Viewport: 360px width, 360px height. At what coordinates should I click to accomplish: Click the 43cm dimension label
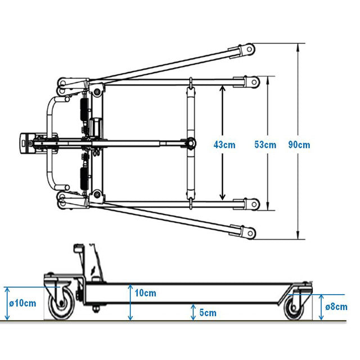(x=224, y=145)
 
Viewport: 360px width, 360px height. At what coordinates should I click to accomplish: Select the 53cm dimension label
(x=265, y=145)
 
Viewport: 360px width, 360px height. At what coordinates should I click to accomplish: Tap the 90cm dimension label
(x=299, y=145)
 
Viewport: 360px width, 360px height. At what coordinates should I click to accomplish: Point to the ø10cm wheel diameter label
(x=22, y=303)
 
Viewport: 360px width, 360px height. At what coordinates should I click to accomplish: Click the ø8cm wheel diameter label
(x=336, y=307)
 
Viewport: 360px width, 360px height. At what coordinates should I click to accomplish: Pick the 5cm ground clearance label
(x=208, y=313)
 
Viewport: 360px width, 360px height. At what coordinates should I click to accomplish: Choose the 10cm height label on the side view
(x=145, y=293)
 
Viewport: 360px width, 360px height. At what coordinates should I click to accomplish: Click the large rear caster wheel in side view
(x=61, y=304)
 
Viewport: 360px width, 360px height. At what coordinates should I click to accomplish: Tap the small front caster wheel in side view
(x=294, y=308)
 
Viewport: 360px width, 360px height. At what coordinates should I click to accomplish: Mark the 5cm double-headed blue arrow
(x=193, y=312)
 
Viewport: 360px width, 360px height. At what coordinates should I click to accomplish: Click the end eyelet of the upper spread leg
(x=249, y=49)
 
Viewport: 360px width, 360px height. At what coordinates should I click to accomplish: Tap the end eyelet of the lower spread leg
(x=250, y=233)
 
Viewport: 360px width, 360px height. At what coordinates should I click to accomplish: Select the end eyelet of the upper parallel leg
(x=254, y=82)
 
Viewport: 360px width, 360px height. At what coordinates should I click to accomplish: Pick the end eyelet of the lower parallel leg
(x=254, y=204)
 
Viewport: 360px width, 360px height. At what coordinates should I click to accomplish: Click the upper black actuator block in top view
(x=84, y=110)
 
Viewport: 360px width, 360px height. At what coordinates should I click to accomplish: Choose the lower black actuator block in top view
(x=84, y=178)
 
